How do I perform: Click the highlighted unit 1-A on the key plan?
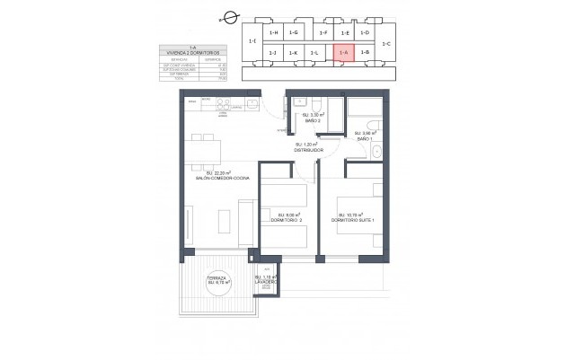(343, 53)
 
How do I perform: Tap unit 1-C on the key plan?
(386, 43)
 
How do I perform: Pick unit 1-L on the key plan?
(315, 53)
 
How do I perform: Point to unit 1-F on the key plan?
(323, 32)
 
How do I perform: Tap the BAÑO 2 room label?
(311, 119)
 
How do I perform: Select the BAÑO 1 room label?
(363, 136)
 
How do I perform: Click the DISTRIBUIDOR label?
(307, 148)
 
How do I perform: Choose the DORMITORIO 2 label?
(287, 219)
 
